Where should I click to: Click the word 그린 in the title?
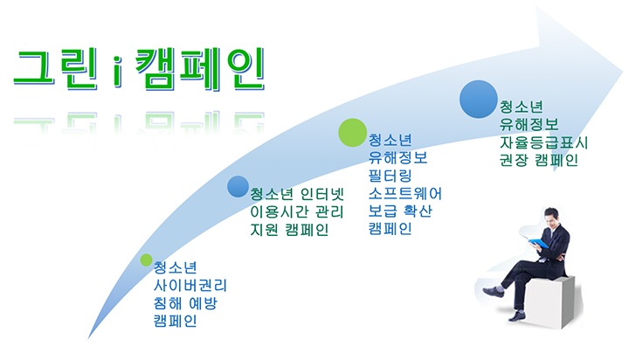click(x=56, y=67)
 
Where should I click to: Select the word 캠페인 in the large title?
click(x=200, y=69)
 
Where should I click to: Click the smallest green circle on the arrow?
click(x=147, y=260)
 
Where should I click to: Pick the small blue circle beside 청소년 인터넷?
click(x=238, y=187)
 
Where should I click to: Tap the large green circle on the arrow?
click(x=352, y=133)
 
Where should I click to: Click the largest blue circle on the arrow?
click(x=479, y=99)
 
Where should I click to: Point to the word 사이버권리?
click(x=190, y=286)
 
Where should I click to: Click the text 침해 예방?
click(x=185, y=303)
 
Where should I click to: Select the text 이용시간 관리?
click(x=297, y=211)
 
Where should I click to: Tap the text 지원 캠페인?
click(x=290, y=230)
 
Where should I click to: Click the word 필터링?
click(x=390, y=176)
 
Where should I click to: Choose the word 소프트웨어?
click(x=405, y=193)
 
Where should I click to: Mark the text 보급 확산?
click(x=400, y=211)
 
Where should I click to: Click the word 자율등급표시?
click(x=543, y=142)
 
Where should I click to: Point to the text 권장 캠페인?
click(x=539, y=160)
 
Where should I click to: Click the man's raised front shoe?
click(x=494, y=291)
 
